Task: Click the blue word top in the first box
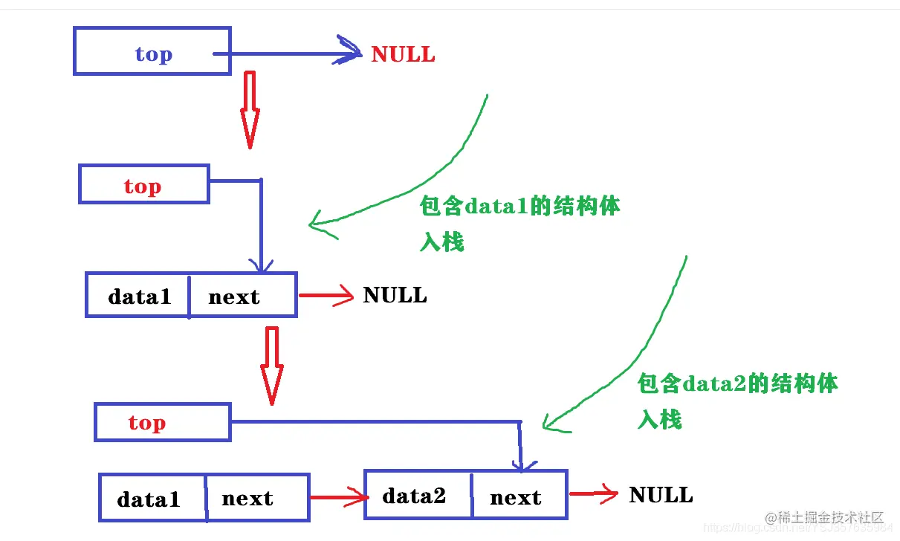(x=153, y=54)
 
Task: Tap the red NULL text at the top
(x=403, y=54)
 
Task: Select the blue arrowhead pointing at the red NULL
(x=349, y=52)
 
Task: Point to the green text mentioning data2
(x=737, y=383)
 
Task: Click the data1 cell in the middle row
(x=139, y=297)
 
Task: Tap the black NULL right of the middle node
(x=395, y=295)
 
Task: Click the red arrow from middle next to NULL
(x=327, y=296)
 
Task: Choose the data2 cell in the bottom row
(x=415, y=496)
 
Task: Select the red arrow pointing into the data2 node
(x=338, y=497)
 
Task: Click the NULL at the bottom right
(x=661, y=495)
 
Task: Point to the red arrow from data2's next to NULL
(x=593, y=493)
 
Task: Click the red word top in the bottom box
(x=146, y=423)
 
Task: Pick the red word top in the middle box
(x=142, y=186)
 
